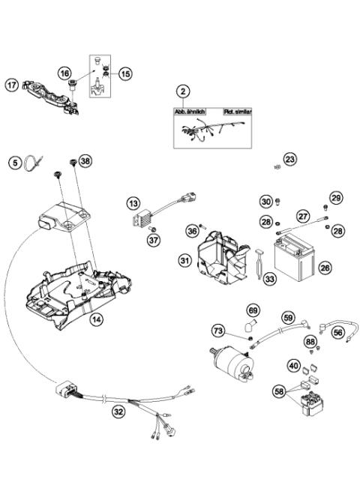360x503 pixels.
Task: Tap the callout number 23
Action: click(x=290, y=159)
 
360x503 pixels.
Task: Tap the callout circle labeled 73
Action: click(x=218, y=331)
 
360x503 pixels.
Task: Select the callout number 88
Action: click(x=310, y=342)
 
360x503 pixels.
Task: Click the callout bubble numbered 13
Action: click(x=133, y=203)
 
